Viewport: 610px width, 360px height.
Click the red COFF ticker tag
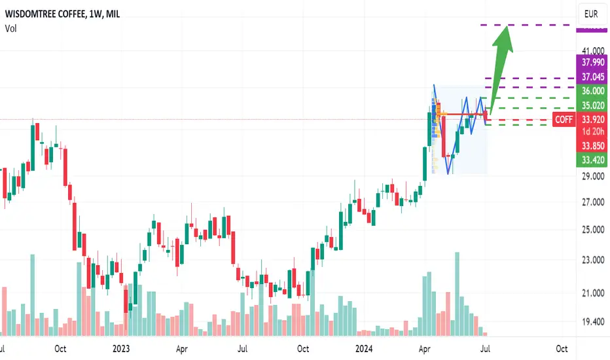coord(564,120)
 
